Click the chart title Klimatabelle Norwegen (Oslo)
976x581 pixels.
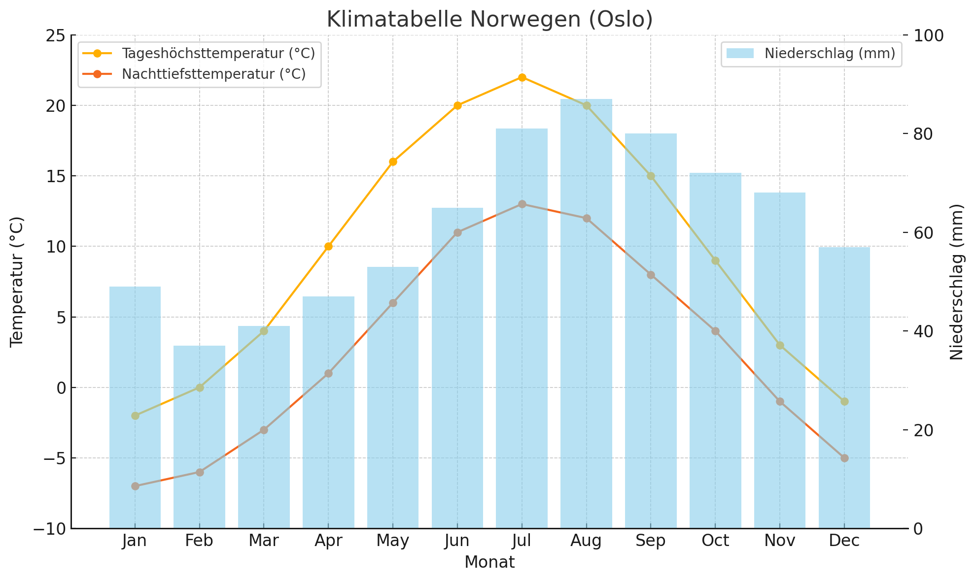click(x=489, y=20)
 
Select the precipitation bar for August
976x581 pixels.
click(x=586, y=315)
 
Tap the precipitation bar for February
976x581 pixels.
click(x=199, y=438)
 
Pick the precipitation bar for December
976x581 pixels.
click(x=844, y=389)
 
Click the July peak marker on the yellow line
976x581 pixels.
click(x=522, y=77)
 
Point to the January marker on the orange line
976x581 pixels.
click(x=135, y=486)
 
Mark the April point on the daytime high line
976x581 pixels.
click(x=328, y=246)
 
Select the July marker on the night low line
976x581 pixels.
click(x=522, y=204)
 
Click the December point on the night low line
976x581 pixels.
click(x=844, y=458)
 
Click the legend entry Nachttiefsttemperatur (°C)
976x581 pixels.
click(x=213, y=74)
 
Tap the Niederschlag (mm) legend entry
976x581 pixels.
click(x=830, y=53)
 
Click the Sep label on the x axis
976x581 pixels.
click(x=650, y=541)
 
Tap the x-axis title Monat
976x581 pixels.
click(x=489, y=562)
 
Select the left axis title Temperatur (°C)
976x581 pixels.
click(x=17, y=282)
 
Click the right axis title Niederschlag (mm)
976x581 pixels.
click(x=957, y=282)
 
